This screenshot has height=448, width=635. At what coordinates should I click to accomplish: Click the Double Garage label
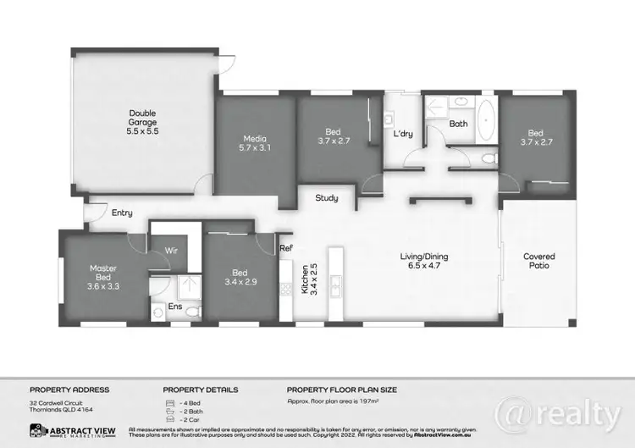[x=142, y=122]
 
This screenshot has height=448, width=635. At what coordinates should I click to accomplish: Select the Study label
[x=327, y=198]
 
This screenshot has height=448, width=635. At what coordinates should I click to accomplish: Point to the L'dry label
[x=401, y=135]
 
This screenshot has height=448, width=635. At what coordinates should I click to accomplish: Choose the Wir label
[x=169, y=251]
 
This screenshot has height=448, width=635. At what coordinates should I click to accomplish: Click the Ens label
[x=175, y=305]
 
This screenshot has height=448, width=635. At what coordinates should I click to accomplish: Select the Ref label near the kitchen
[x=286, y=248]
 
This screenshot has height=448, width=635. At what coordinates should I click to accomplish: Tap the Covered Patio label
[x=538, y=261]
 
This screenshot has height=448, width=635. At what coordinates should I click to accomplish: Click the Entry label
[x=122, y=213]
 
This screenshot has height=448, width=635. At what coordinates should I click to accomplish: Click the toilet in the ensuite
[x=191, y=312]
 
